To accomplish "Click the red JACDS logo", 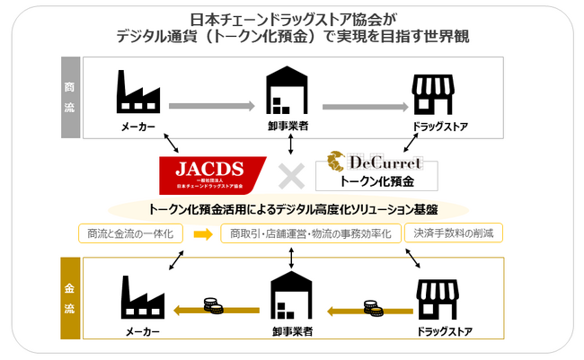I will (x=212, y=175).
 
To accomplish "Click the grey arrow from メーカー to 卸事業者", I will (x=213, y=106).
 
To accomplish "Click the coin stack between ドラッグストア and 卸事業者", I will (x=372, y=307).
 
